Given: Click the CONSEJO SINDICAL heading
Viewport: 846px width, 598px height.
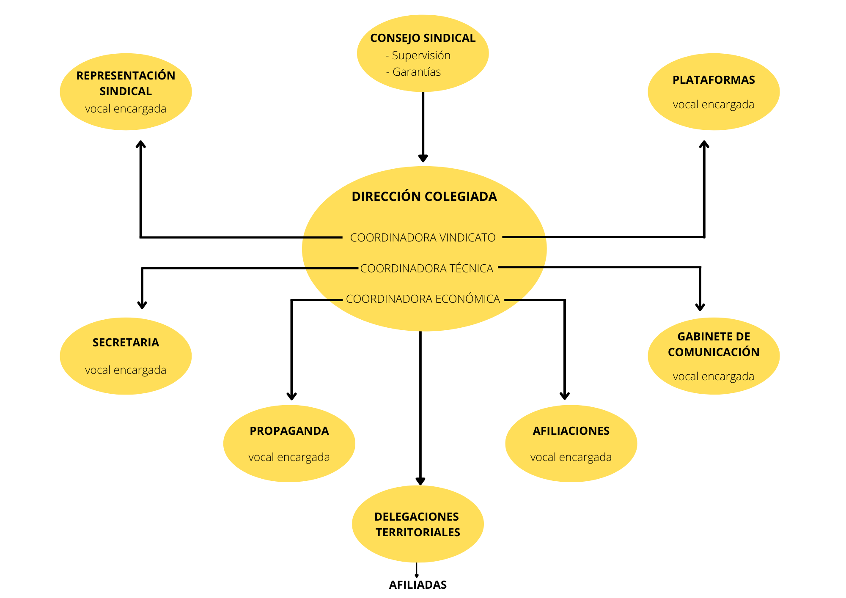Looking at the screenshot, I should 423,38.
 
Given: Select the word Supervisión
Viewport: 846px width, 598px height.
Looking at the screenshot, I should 421,55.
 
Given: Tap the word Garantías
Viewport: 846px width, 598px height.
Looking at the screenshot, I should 416,72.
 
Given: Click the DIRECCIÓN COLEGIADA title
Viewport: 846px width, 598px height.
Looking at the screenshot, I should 424,197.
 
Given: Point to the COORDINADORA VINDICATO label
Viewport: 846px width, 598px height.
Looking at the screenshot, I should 423,238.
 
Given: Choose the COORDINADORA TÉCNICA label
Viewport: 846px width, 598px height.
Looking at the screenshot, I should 426,269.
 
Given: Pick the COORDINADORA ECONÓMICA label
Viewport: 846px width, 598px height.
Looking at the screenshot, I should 423,299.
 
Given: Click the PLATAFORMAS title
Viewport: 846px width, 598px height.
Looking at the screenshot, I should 714,80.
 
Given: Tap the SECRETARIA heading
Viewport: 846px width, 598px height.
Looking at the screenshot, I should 126,343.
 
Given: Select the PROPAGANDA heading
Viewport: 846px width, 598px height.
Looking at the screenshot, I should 289,431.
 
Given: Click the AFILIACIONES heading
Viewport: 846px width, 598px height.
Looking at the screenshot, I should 571,431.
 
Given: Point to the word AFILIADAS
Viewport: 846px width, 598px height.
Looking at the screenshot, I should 418,585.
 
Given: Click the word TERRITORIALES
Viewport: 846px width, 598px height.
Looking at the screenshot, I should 418,532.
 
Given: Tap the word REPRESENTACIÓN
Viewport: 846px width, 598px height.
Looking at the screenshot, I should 126,76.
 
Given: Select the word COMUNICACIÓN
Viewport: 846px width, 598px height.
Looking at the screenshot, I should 714,352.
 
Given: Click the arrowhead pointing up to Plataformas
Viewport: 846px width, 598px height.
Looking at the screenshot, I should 704,145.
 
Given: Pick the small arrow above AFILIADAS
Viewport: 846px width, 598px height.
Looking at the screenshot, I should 417,571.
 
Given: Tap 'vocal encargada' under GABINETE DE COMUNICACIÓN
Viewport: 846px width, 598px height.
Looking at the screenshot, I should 713,376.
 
